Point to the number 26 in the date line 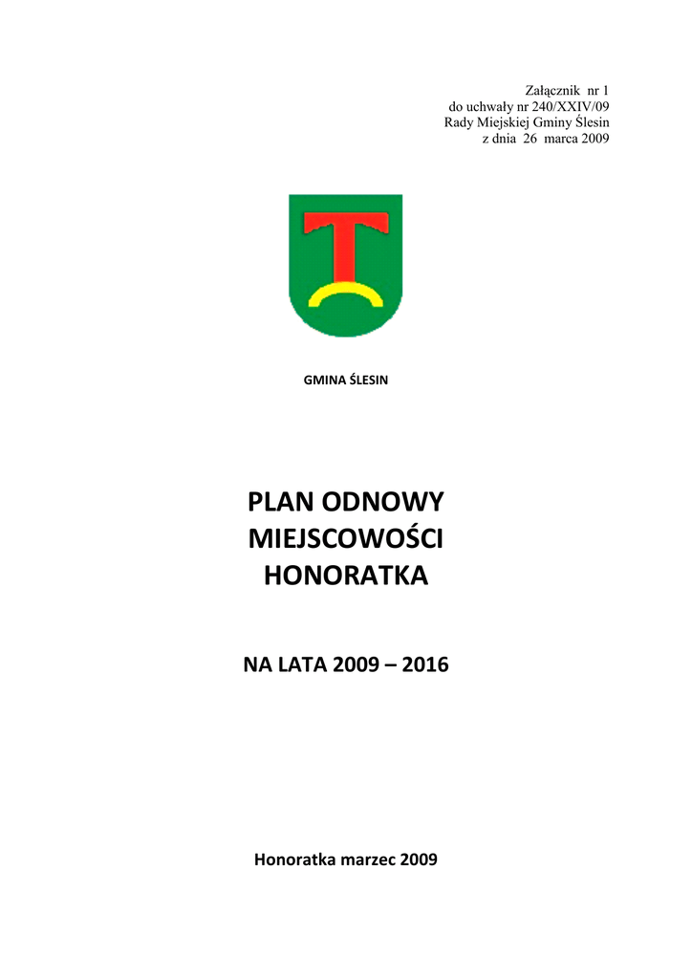(x=530, y=139)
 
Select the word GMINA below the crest (x=322, y=381)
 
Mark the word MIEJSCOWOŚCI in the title (x=346, y=539)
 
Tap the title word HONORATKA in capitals (x=346, y=577)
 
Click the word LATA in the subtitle (x=302, y=663)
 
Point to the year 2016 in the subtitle (x=425, y=663)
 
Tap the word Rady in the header (x=459, y=122)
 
